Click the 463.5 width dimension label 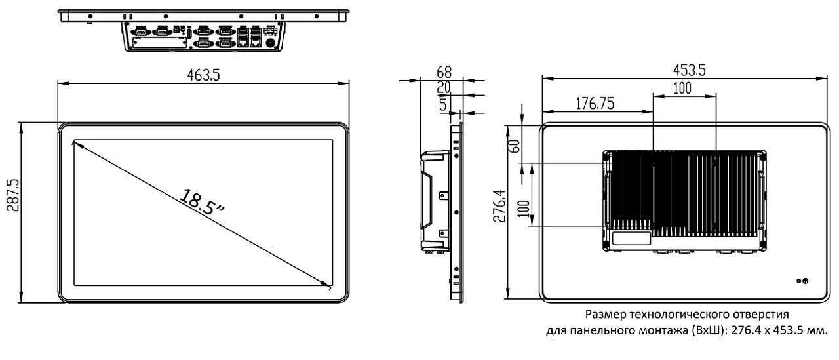(x=203, y=75)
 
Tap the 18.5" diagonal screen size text (x=201, y=203)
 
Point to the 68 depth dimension (x=444, y=72)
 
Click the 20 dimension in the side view (x=444, y=87)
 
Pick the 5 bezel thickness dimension (x=443, y=104)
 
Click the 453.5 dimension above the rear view (x=689, y=70)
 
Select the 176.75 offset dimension (x=595, y=104)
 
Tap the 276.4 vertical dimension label (x=499, y=206)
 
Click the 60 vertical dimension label (x=515, y=146)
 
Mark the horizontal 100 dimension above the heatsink (x=682, y=89)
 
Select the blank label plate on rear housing (x=631, y=238)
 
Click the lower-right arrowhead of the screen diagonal (x=328, y=285)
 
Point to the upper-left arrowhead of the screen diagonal (x=77, y=143)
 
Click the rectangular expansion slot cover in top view (x=159, y=43)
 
